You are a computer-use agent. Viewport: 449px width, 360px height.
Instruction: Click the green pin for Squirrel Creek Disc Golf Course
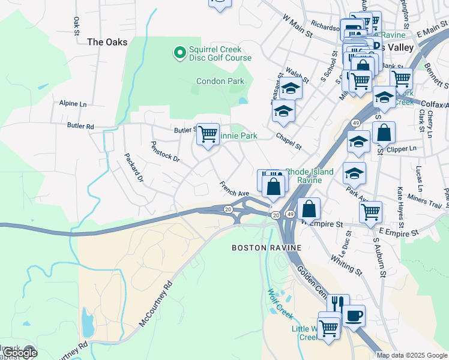[179, 53]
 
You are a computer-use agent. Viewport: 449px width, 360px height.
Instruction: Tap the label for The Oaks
[107, 42]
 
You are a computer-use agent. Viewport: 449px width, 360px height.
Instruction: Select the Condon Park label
[220, 81]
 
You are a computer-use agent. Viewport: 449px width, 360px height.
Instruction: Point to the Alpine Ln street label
[73, 103]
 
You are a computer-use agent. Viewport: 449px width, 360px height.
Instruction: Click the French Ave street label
[234, 189]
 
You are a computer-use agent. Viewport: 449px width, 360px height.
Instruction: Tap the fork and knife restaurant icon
[338, 304]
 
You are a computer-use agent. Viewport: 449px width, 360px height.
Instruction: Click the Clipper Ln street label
[403, 148]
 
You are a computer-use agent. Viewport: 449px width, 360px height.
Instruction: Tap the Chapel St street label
[288, 142]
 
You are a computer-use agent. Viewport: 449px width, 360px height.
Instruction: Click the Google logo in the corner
[19, 353]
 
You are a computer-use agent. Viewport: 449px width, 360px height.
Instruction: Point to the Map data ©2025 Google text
[411, 355]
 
